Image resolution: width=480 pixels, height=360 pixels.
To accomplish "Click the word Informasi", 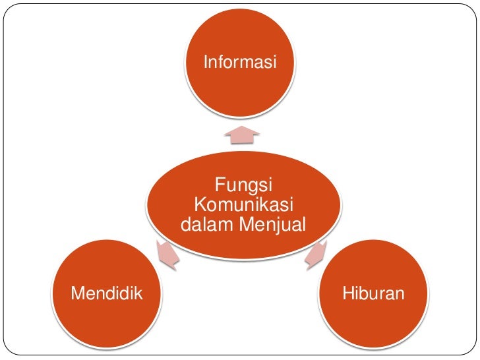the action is tap(240, 63).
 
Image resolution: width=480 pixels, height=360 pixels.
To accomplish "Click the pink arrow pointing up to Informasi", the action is tap(241, 135).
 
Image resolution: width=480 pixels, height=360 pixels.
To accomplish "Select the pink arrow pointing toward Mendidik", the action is tap(167, 255).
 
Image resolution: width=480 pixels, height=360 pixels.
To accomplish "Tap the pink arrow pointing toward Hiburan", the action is tap(316, 255).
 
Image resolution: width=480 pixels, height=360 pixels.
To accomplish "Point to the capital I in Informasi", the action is tap(206, 63).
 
